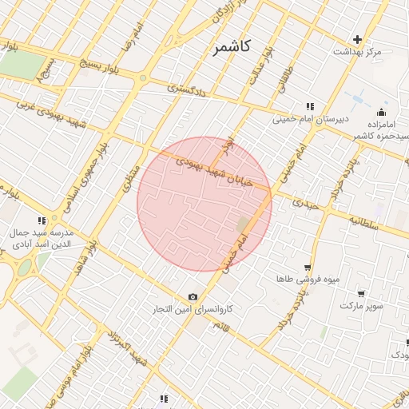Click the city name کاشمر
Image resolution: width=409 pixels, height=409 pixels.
point(232,47)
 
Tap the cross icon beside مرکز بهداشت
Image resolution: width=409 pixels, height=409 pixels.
point(358,39)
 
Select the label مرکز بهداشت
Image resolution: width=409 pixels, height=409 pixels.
point(358,52)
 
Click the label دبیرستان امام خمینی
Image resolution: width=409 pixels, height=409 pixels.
point(300,120)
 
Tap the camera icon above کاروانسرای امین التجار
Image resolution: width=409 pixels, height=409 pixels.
point(193,296)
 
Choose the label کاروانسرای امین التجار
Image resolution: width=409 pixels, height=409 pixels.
point(193,309)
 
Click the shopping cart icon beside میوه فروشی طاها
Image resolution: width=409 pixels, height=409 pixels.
point(308,268)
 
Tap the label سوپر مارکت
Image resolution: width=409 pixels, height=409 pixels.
point(361,306)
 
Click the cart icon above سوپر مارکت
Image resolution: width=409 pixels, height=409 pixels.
point(361,293)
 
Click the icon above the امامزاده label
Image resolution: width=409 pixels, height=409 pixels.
point(381,112)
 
